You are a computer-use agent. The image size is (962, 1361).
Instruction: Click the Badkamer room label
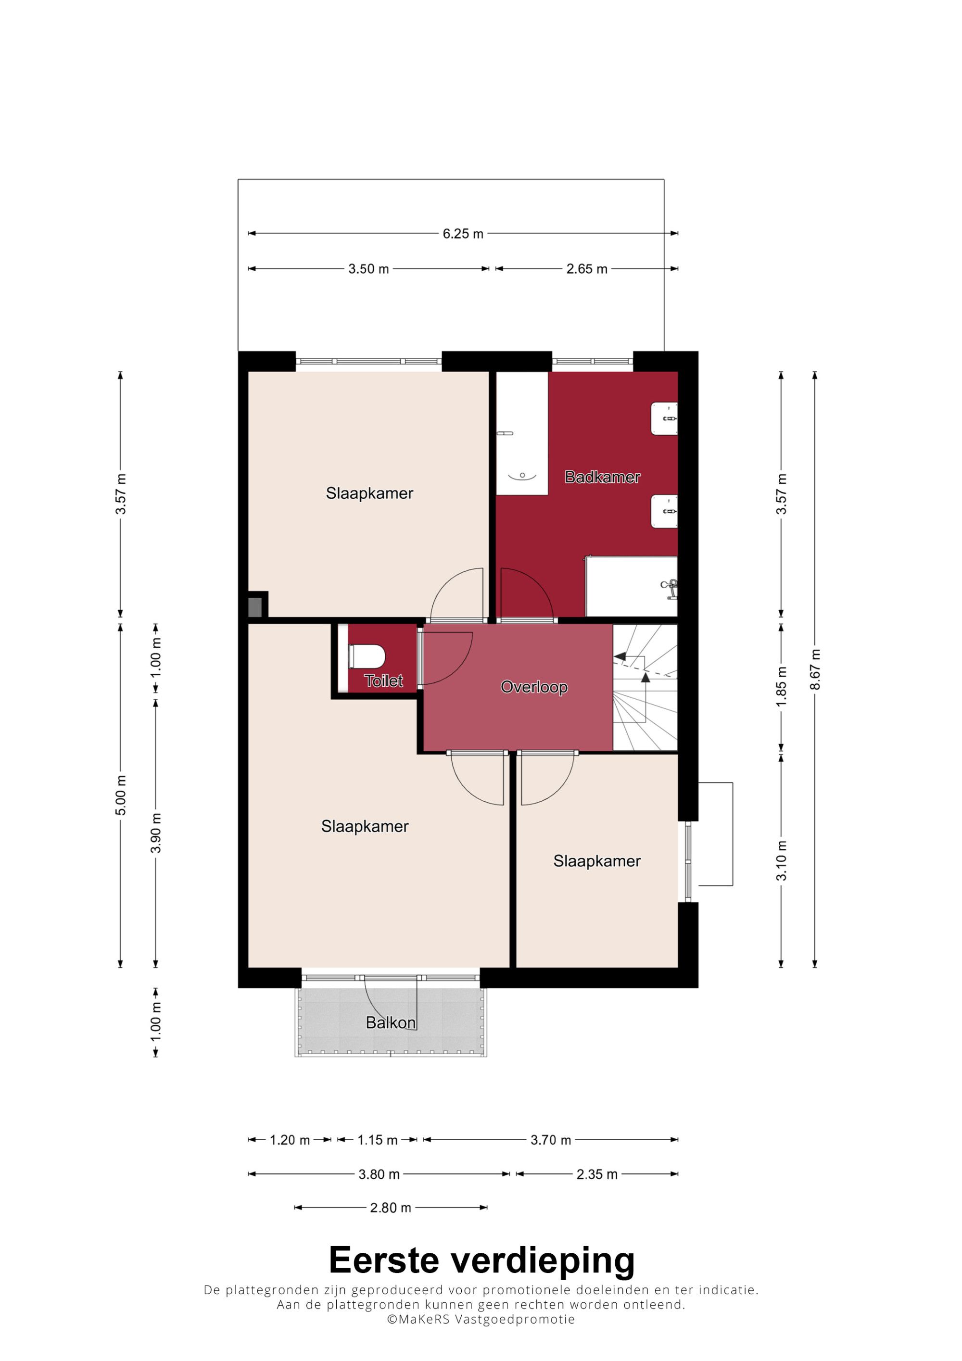pos(602,477)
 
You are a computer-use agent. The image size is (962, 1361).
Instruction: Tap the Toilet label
pos(383,680)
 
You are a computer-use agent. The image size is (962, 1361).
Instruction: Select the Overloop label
pos(534,687)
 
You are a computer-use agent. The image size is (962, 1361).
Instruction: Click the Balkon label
pos(391,1022)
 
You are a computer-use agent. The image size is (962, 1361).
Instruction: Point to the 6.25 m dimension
pos(463,234)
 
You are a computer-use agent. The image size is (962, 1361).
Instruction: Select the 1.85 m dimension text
pos(781,686)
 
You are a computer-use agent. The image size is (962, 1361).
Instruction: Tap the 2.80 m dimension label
pos(391,1208)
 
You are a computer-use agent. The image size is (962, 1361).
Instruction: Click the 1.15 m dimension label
pos(378,1140)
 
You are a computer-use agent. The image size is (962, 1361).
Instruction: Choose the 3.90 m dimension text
pos(156,833)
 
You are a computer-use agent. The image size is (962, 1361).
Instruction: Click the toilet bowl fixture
pos(367,656)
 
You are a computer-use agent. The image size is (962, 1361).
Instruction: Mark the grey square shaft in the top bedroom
pos(254,606)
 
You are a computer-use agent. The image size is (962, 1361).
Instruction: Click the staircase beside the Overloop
pos(645,688)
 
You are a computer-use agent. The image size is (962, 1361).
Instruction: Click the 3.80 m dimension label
pos(379,1174)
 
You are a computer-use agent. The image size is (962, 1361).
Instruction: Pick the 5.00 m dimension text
pos(121,795)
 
